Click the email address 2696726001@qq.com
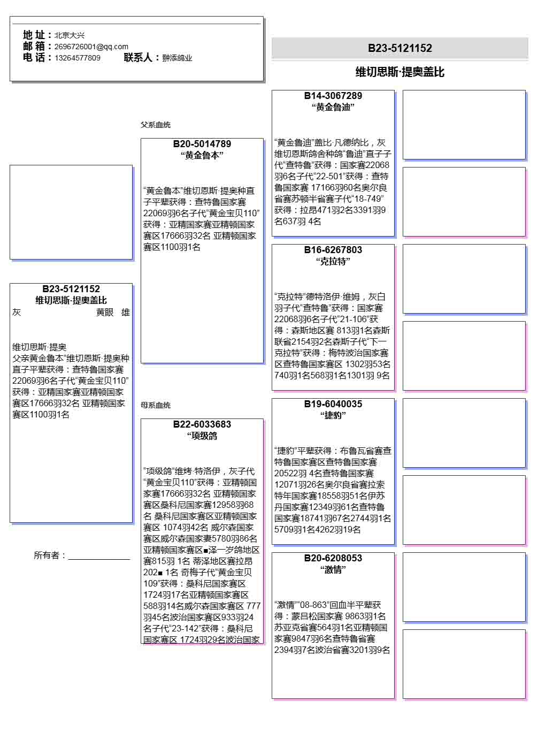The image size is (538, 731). point(91,47)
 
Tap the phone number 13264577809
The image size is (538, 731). point(77,58)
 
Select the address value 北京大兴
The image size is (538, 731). point(69,35)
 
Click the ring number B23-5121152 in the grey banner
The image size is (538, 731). point(399,48)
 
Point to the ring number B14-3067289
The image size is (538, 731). point(333,96)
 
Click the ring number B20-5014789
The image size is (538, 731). point(202,144)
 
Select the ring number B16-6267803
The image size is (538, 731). point(333,250)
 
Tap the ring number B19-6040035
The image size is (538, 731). point(333,404)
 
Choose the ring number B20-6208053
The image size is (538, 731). point(333,558)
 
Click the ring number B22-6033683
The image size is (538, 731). point(202,424)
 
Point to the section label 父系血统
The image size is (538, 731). point(156,125)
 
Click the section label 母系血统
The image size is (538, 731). point(156,405)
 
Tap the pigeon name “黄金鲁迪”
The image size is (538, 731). point(333,107)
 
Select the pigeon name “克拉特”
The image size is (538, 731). point(333,261)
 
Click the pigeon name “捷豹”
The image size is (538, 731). point(333,415)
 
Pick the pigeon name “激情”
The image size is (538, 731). point(333,569)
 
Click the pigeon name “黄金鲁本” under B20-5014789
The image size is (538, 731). point(202,155)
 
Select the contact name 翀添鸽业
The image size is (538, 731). point(177,58)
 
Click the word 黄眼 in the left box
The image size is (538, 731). point(105,313)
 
